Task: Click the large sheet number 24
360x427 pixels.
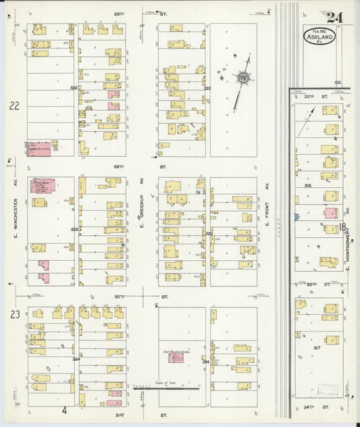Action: [334, 18]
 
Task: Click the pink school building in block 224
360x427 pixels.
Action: [174, 359]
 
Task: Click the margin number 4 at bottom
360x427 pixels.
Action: [66, 410]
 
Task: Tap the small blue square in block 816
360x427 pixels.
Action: [296, 217]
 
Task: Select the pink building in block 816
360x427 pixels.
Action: [330, 213]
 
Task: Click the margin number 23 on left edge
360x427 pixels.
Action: [14, 314]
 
